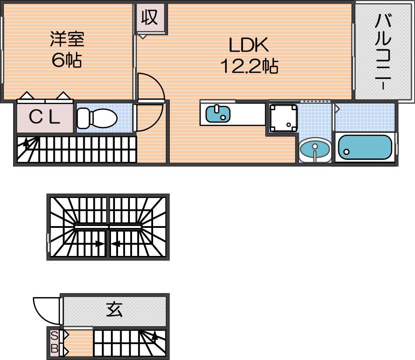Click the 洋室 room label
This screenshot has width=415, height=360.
tap(67, 40)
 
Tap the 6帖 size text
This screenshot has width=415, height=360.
tap(67, 60)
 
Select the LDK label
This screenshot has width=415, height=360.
tap(248, 45)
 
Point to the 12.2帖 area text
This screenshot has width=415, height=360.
tap(249, 66)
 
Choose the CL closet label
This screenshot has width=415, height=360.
tap(44, 118)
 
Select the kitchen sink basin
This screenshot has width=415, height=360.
tap(218, 114)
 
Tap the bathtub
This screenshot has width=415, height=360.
tap(365, 147)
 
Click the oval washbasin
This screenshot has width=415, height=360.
tap(315, 149)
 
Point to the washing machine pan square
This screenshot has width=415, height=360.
tap(283, 117)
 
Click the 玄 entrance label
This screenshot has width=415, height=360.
tap(114, 310)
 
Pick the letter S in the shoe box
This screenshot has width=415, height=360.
tap(54, 336)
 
